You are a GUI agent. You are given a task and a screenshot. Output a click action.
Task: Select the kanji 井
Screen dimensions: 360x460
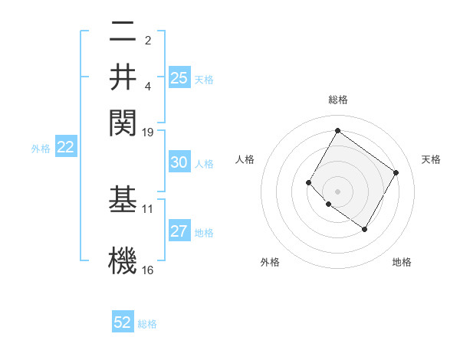point(123,77)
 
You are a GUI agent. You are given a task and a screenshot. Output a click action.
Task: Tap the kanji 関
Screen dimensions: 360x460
point(123,121)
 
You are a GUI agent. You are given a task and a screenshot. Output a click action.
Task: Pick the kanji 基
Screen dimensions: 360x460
point(123,200)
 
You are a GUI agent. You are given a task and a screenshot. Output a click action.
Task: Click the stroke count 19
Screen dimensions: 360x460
point(148,133)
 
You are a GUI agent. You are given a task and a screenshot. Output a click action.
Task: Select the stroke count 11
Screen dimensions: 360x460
point(148,208)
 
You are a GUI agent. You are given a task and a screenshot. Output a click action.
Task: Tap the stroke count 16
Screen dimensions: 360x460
point(148,270)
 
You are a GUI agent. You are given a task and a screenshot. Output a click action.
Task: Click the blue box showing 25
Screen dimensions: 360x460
point(179,78)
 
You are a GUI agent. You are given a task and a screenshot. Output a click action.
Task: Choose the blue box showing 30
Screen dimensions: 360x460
point(179,162)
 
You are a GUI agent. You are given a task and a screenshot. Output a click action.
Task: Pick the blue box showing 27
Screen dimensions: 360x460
point(179,232)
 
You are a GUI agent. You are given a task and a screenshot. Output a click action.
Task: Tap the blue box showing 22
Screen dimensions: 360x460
point(65,148)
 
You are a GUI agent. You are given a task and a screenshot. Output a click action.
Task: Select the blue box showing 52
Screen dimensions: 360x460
point(123,322)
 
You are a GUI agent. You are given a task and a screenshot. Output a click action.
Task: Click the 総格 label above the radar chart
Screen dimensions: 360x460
point(337,100)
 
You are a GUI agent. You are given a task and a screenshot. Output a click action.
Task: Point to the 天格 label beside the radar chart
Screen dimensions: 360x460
point(431,159)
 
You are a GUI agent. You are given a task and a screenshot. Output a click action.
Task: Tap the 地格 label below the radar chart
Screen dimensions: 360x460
point(402,262)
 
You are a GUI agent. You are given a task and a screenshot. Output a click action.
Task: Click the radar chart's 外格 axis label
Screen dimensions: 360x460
point(270,262)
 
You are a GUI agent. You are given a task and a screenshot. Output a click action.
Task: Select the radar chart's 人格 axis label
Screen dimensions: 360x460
point(245,159)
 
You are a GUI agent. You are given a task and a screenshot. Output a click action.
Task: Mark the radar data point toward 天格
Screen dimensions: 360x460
point(396,172)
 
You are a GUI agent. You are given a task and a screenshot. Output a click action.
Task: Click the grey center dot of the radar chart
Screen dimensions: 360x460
point(337,191)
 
